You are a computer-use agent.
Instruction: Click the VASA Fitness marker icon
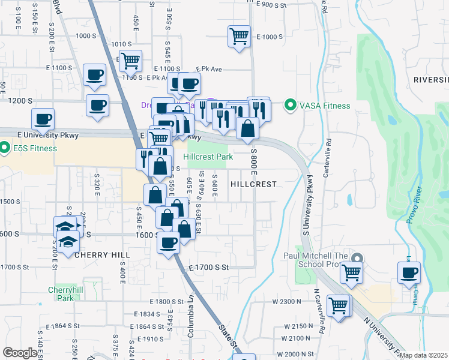(291, 106)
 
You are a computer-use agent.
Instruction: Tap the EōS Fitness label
(33, 148)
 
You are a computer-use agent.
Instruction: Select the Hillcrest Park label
(208, 157)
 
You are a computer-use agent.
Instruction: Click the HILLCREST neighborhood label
(253, 184)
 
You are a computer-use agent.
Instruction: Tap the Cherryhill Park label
(61, 293)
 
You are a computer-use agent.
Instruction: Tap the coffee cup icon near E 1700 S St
(169, 242)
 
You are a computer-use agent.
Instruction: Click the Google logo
(20, 353)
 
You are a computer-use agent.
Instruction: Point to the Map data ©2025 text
(423, 355)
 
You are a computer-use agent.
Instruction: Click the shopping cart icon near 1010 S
(130, 60)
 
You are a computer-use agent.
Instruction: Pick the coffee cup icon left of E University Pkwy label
(43, 118)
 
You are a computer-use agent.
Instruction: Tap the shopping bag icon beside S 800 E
(248, 127)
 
